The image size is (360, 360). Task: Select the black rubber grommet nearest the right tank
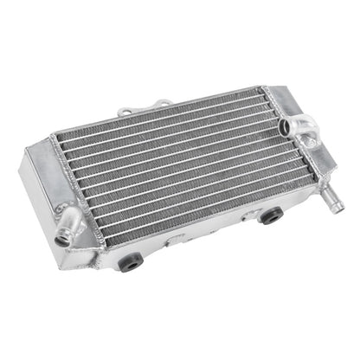pos(270,215)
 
